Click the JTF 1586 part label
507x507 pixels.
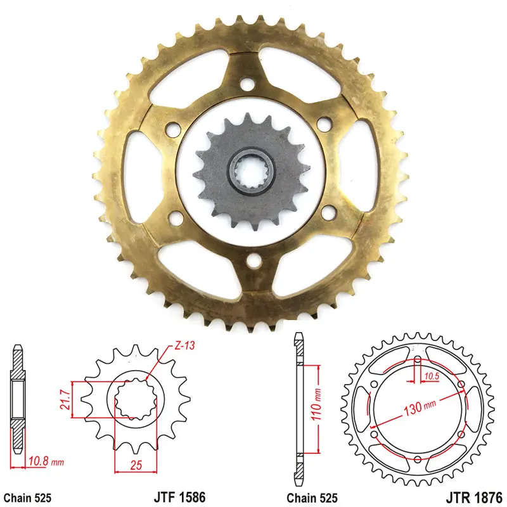179,497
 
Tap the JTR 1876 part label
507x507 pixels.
473,497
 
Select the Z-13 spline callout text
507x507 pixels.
185,345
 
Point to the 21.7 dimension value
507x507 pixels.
65,400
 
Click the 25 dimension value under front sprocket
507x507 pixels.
136,465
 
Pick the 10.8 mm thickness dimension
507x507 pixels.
46,461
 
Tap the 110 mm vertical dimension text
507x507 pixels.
316,404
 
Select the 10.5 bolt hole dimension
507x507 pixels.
432,376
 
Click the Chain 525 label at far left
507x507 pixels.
27,497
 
